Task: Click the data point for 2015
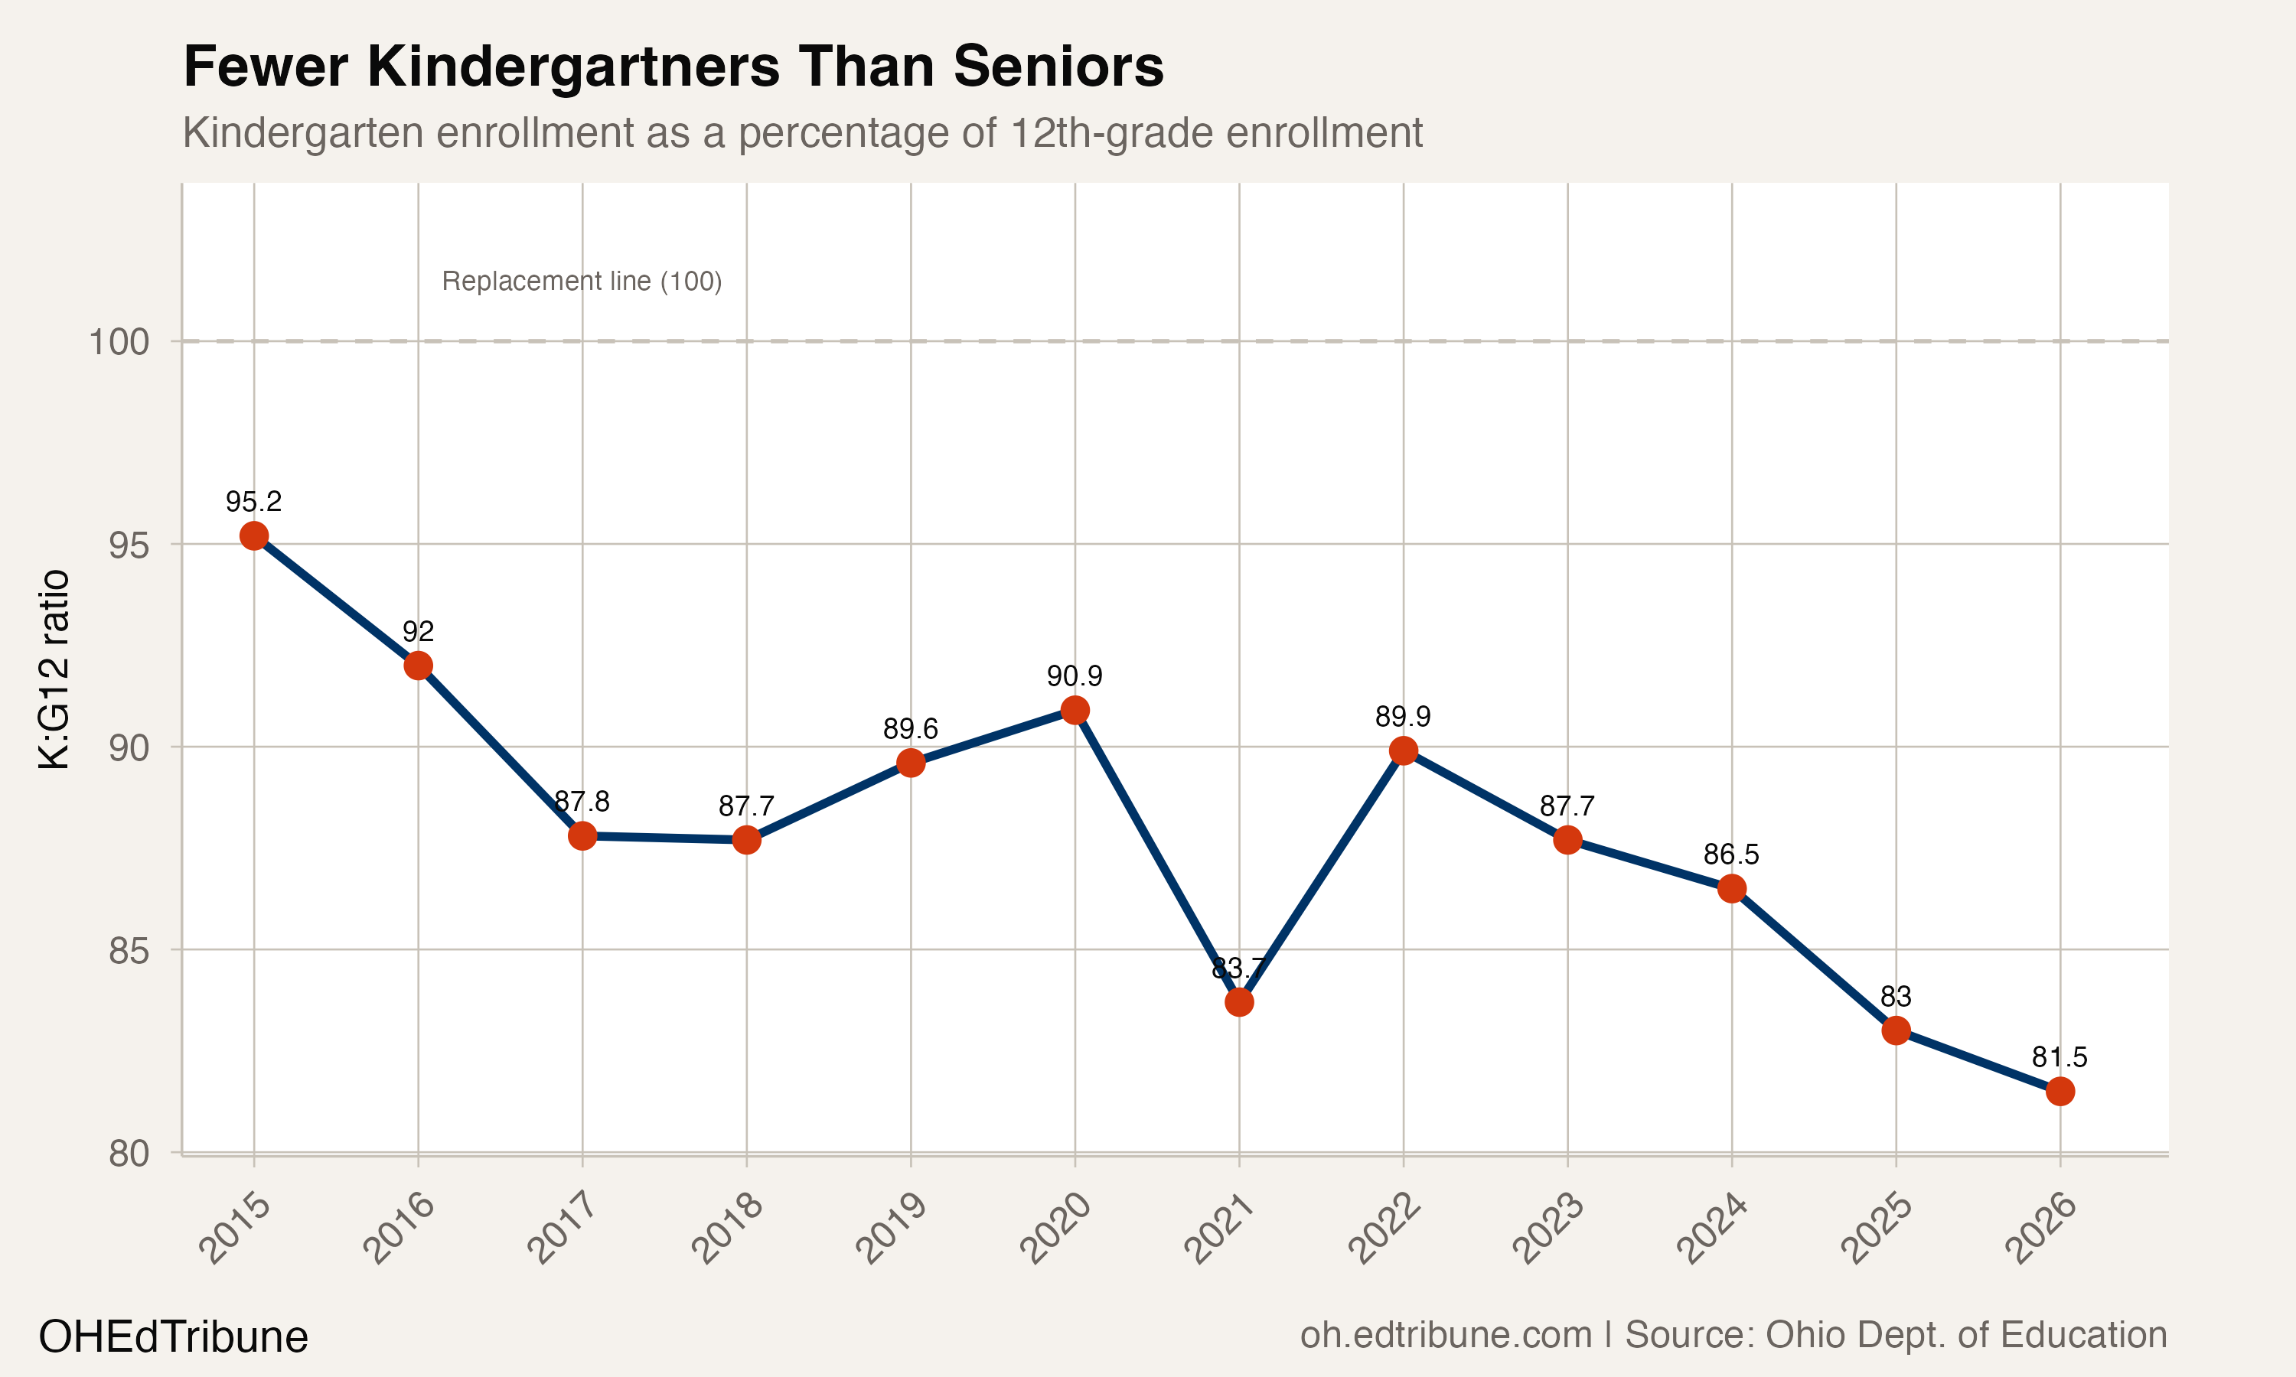253,535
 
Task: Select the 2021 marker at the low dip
1239,1002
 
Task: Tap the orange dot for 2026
2060,1091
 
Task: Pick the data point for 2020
1075,710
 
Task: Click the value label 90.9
1075,676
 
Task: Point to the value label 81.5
2060,1057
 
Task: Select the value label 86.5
1731,854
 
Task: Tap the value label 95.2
253,502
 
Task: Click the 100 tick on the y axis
119,343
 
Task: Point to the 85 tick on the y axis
128,951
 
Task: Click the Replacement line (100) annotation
582,282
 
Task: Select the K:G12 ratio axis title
54,669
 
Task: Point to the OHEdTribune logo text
174,1337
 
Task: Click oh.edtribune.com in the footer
1446,1335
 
